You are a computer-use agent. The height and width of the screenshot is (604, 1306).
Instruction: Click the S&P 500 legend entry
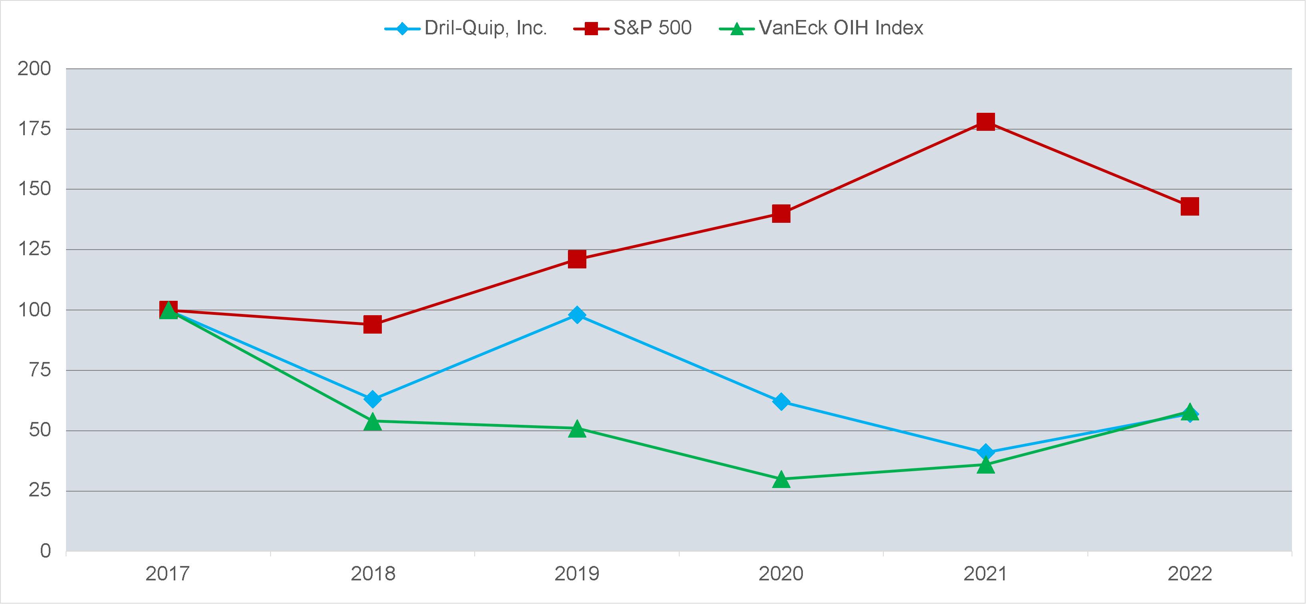[633, 28]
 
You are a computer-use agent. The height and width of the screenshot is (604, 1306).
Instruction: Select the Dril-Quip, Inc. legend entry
[465, 28]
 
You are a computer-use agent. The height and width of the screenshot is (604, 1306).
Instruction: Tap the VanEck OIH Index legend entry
[821, 28]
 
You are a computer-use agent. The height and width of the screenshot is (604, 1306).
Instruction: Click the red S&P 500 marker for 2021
[985, 122]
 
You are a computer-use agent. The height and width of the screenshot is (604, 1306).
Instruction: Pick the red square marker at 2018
[373, 324]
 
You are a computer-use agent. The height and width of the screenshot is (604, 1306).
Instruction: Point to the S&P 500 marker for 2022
[1190, 206]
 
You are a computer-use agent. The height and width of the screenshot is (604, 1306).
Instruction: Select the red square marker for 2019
[577, 259]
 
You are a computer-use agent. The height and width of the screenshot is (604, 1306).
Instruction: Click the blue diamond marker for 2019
[577, 315]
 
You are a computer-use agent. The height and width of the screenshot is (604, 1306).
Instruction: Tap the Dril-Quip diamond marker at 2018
[373, 399]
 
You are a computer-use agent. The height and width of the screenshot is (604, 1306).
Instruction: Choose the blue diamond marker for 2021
[985, 452]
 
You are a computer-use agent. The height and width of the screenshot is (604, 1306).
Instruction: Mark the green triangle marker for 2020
[781, 479]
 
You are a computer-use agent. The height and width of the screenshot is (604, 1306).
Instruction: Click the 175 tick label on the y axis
[34, 129]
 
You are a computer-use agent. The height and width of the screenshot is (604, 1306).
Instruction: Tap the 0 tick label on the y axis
[46, 551]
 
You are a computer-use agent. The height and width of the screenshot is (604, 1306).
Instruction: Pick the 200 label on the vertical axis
[34, 69]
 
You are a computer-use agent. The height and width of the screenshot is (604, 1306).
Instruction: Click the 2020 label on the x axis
[781, 574]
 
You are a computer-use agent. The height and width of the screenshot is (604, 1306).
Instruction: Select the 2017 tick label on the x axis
[168, 574]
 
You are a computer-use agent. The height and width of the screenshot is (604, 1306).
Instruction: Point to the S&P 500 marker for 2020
[781, 213]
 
